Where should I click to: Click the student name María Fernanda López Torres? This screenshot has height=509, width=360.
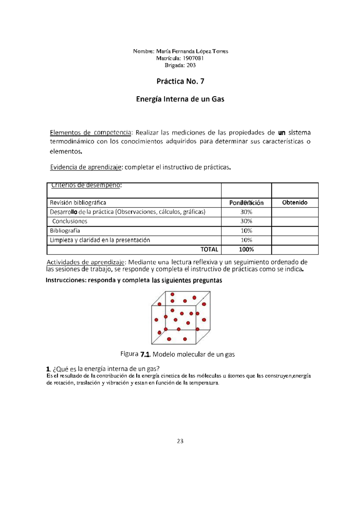point(192,51)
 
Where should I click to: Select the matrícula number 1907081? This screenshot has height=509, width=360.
point(193,58)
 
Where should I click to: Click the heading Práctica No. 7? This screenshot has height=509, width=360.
point(180,81)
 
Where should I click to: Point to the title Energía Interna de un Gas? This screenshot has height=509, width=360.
point(180,99)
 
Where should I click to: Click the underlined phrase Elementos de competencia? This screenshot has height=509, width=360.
point(90,133)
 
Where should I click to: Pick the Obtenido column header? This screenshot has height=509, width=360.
point(295,203)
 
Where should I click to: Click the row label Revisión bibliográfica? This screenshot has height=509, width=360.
point(78,203)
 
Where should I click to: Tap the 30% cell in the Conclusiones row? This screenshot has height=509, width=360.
point(246,221)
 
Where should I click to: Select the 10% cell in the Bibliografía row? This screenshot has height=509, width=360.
point(246,231)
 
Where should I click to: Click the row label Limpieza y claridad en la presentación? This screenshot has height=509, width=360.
point(100,240)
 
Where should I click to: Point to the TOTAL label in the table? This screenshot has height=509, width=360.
point(209,249)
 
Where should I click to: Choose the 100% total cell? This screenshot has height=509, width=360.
point(246,249)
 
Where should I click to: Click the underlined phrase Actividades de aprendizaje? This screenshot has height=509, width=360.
point(85,262)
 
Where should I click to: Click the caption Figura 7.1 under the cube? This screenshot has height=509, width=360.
point(135,354)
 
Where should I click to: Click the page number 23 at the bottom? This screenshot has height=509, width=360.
point(180,441)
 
